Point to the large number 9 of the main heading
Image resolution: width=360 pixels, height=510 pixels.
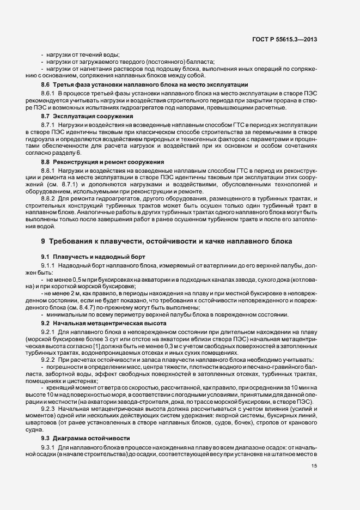coord(43,241)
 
